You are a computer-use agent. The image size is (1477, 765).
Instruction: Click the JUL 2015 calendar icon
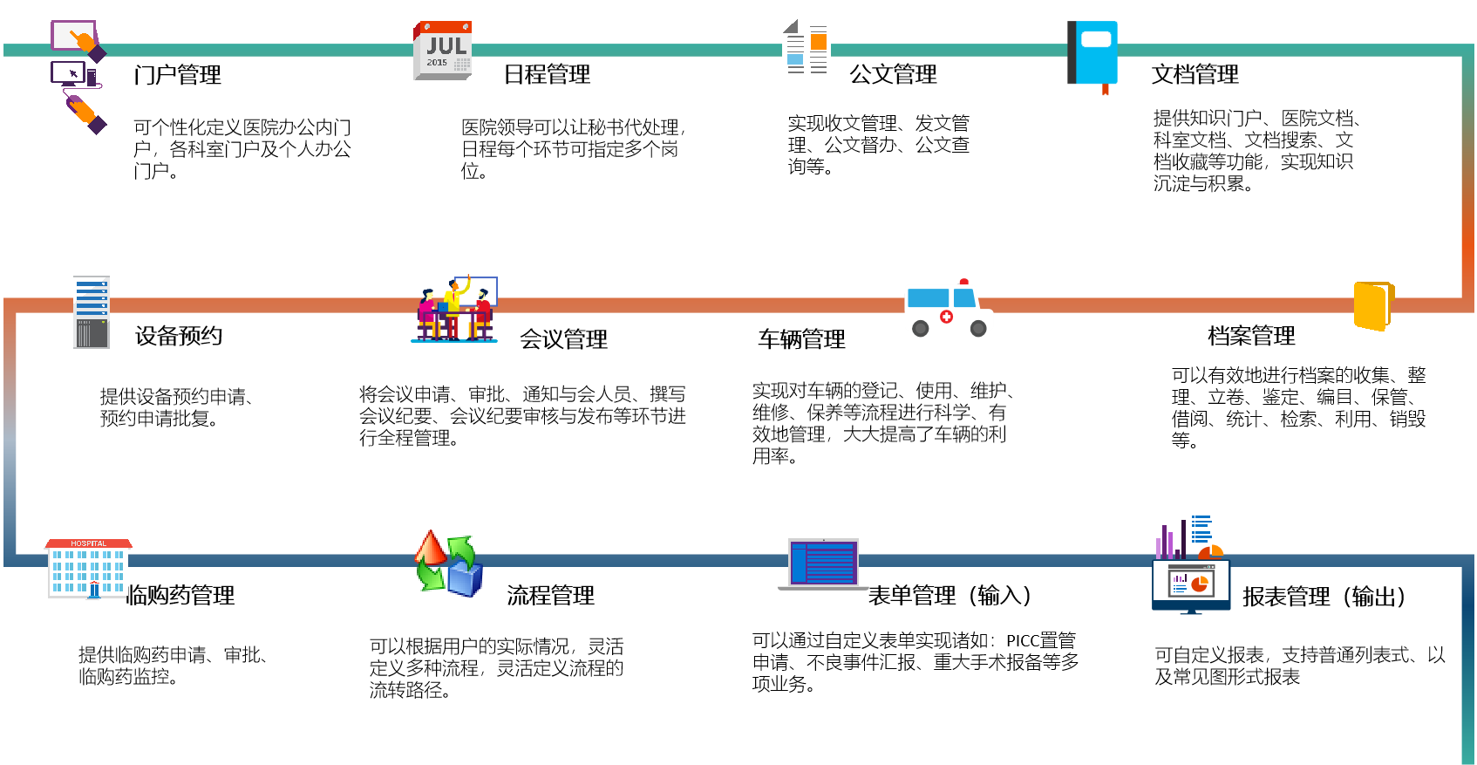(x=442, y=51)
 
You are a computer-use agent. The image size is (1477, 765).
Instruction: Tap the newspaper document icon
(x=806, y=51)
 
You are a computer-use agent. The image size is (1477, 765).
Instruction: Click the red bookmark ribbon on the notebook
(x=1105, y=90)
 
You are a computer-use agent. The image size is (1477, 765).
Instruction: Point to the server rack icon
(x=92, y=312)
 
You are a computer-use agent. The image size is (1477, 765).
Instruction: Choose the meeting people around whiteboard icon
(x=454, y=309)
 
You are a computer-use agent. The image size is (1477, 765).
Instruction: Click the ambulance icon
(x=948, y=309)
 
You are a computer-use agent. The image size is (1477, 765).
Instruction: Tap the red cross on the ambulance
(x=946, y=317)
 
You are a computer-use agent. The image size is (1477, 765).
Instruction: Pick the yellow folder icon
(x=1372, y=305)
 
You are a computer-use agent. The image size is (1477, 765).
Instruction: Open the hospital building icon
(x=88, y=569)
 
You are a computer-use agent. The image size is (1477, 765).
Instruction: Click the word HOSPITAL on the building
(x=88, y=543)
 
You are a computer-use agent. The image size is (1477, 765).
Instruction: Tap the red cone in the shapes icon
(x=430, y=548)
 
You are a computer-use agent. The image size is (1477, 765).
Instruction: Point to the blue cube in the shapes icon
(x=465, y=579)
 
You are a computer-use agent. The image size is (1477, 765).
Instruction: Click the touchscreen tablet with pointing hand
(x=75, y=38)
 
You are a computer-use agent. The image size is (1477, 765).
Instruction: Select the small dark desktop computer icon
(x=70, y=73)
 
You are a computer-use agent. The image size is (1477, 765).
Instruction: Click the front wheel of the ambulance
(x=978, y=329)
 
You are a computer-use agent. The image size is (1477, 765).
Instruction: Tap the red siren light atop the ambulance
(x=963, y=282)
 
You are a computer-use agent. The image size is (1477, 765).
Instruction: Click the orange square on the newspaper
(x=818, y=42)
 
